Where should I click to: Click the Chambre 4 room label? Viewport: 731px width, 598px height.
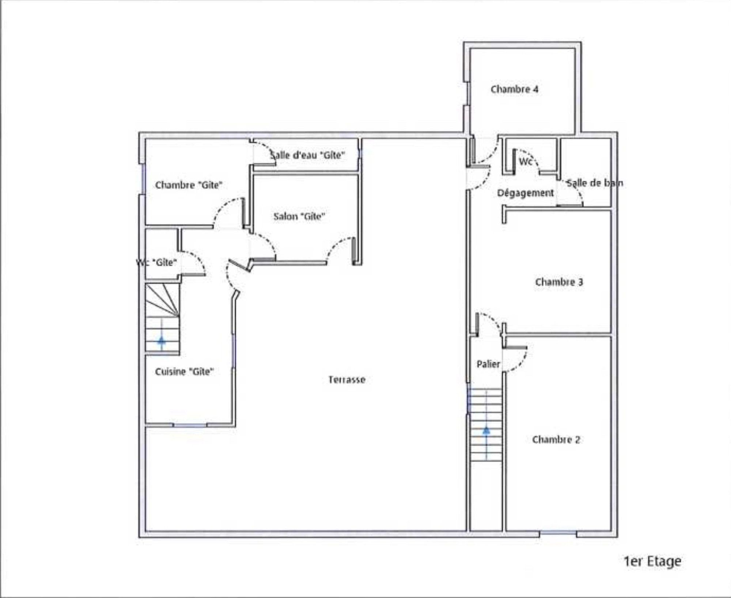[x=514, y=89]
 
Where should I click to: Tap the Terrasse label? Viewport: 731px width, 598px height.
[x=347, y=380]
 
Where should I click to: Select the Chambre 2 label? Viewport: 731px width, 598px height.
[x=556, y=439]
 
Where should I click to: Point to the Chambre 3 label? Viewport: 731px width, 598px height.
[x=559, y=282]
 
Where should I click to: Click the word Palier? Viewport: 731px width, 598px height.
[x=488, y=364]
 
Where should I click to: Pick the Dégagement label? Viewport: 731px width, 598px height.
[x=526, y=193]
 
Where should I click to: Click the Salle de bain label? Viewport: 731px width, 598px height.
[x=595, y=183]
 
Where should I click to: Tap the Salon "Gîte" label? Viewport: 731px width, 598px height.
[x=299, y=216]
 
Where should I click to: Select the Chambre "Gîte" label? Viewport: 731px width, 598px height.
[x=189, y=185]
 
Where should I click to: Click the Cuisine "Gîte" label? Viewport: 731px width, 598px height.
[x=184, y=372]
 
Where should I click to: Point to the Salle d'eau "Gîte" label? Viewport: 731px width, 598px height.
[x=307, y=155]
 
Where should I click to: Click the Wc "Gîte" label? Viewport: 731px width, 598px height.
[x=156, y=262]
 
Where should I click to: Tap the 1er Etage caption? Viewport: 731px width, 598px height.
[x=652, y=561]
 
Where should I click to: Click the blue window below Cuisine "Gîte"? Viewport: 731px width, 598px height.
[x=190, y=425]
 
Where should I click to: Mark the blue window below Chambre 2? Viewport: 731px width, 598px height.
[x=558, y=533]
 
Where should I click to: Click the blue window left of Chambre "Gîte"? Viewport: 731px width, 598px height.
[x=143, y=179]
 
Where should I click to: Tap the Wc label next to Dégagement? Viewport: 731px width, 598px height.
[x=526, y=161]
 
